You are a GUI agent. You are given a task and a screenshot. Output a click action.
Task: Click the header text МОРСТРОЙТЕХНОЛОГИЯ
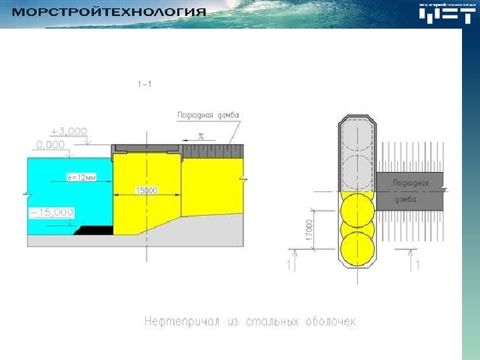[x=110, y=13]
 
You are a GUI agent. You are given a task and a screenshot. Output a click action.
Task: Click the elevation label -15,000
[x=51, y=212]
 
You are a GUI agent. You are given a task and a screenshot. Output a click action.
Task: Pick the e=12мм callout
[x=82, y=177]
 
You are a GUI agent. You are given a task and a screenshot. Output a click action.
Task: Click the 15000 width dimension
[x=147, y=191]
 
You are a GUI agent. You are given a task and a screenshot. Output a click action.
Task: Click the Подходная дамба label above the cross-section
[x=207, y=115]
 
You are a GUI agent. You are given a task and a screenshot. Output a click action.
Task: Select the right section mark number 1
[x=417, y=265]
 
